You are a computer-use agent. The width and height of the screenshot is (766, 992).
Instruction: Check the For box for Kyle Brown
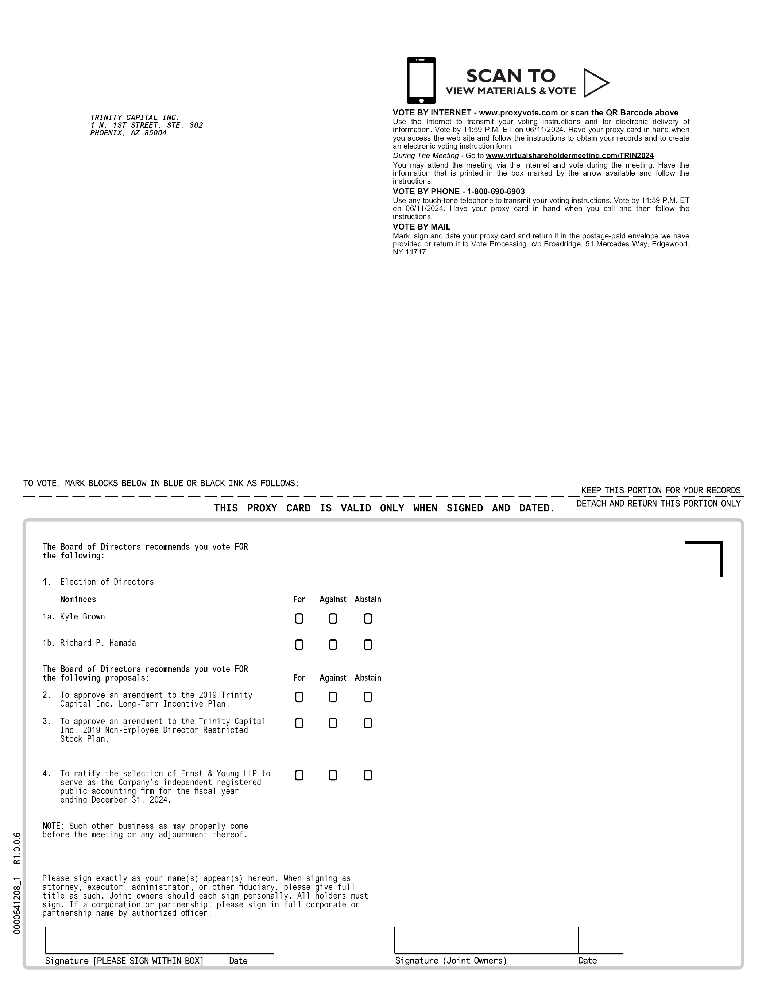tap(299, 619)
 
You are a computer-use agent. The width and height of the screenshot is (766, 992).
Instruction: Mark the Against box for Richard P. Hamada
tap(333, 645)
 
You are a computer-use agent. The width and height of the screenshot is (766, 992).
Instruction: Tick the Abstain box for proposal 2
tap(368, 697)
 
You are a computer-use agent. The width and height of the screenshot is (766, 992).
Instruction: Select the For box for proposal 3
tap(299, 723)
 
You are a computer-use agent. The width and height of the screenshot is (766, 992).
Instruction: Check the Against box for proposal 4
tap(333, 775)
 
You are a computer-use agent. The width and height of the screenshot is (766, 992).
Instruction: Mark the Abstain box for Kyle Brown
tap(368, 619)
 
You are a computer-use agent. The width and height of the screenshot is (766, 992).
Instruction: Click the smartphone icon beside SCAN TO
tap(421, 80)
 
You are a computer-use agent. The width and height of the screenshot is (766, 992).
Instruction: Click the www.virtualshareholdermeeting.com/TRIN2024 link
tap(569, 156)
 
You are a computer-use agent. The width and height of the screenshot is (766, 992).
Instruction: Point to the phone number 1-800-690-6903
tap(496, 192)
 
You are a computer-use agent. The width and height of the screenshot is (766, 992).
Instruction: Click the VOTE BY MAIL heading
tap(421, 227)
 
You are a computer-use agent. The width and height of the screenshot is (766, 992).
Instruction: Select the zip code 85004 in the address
tap(155, 133)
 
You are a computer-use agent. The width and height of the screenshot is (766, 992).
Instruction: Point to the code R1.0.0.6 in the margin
tap(17, 848)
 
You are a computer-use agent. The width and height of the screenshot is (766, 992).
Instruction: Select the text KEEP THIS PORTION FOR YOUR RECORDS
tap(661, 491)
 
